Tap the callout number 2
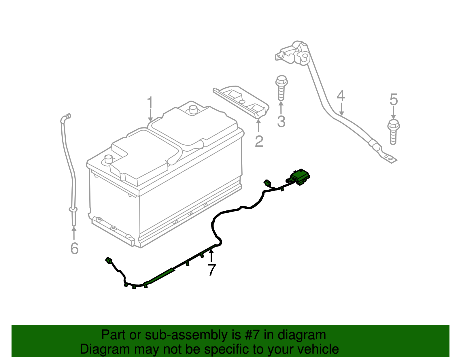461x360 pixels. click(x=259, y=141)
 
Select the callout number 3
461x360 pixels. click(x=281, y=121)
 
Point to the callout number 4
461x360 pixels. click(x=341, y=96)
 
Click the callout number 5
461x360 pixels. click(x=394, y=100)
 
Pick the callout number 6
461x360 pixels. click(x=74, y=248)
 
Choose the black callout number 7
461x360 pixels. click(x=212, y=270)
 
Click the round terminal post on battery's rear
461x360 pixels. click(x=192, y=110)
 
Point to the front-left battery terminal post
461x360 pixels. click(x=109, y=159)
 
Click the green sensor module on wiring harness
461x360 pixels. click(x=300, y=176)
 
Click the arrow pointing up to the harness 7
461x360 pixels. click(x=211, y=255)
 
